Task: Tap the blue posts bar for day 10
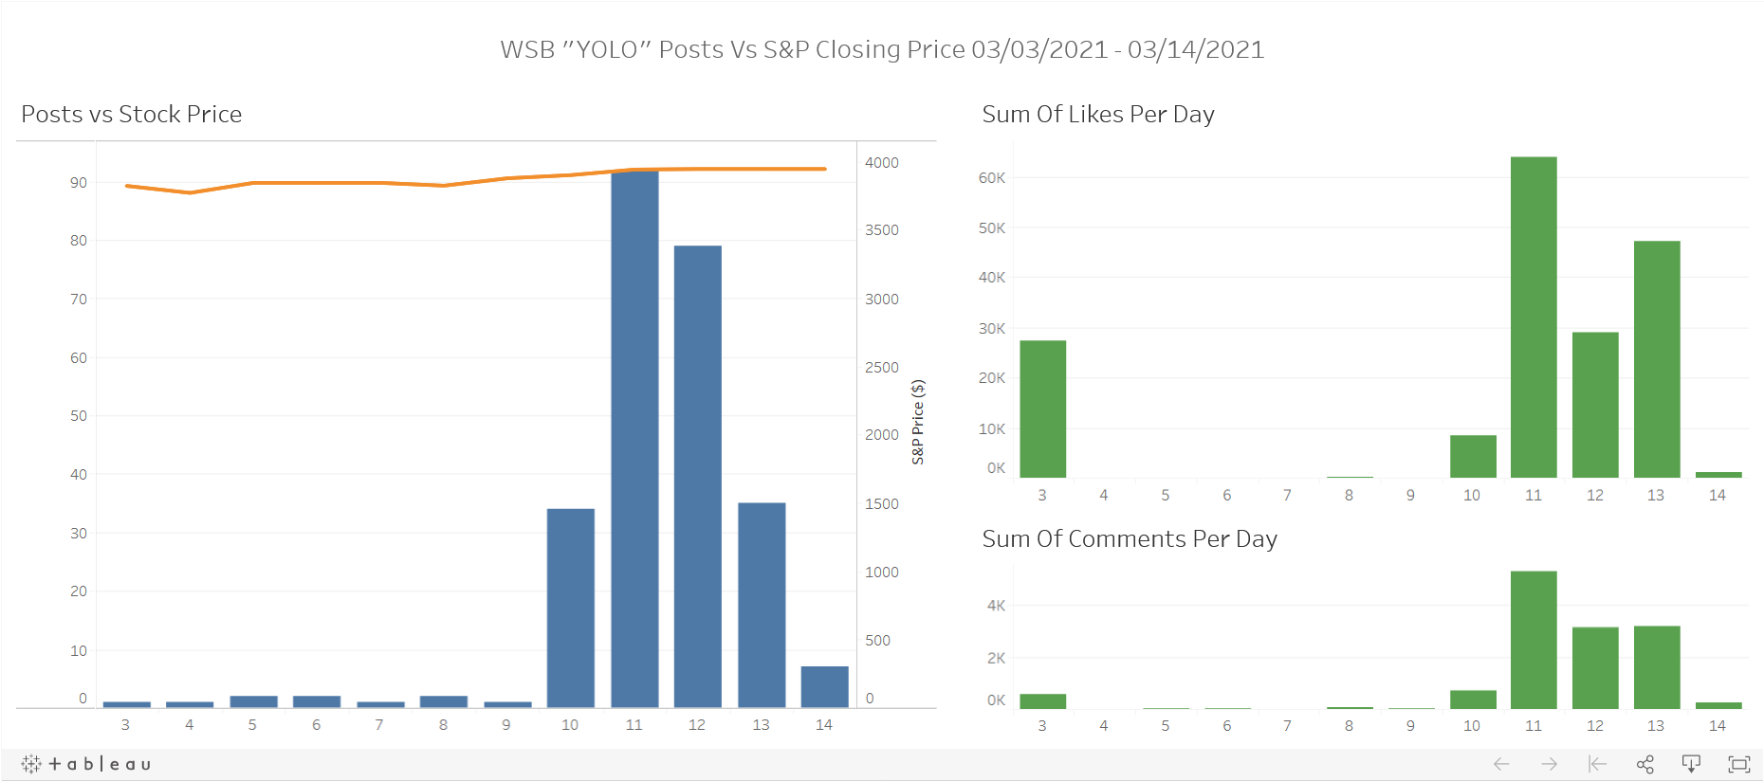click(x=570, y=608)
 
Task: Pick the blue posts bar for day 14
click(x=824, y=686)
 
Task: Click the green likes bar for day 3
click(x=1042, y=409)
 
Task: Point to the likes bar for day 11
click(x=1533, y=317)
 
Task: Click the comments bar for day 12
click(x=1594, y=667)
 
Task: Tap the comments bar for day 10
click(x=1472, y=699)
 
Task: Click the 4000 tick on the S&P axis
click(x=881, y=163)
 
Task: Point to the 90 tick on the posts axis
click(x=79, y=183)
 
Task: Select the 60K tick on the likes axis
click(x=992, y=178)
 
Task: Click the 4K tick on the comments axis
click(x=996, y=606)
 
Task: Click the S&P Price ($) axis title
click(x=918, y=422)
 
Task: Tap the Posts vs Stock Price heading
click(x=131, y=115)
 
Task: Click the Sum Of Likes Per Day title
click(x=1097, y=115)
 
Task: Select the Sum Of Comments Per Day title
click(x=1129, y=539)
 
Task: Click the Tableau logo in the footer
click(x=85, y=764)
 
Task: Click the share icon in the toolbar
click(x=1645, y=764)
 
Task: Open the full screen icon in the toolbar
click(x=1738, y=764)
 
